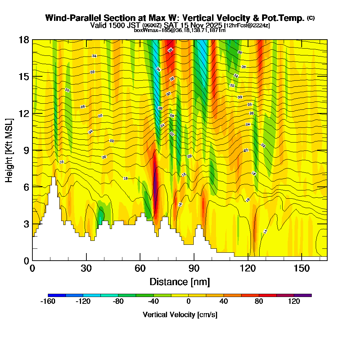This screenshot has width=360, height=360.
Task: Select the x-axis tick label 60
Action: [x=140, y=269]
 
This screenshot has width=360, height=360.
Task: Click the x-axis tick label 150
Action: [x=301, y=269]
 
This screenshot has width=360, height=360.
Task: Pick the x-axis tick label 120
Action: [x=248, y=269]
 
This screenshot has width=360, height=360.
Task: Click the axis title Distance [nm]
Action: [x=180, y=281]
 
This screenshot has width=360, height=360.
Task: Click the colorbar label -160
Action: [x=48, y=302]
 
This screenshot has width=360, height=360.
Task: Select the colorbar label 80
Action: [x=259, y=302]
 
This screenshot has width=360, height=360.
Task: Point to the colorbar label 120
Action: [x=294, y=302]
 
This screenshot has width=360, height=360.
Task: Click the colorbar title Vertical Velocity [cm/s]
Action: [x=180, y=315]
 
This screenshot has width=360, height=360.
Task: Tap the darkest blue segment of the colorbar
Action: [x=57, y=295]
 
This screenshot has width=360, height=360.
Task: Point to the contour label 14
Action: [x=265, y=231]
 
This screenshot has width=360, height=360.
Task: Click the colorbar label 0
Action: [x=189, y=302]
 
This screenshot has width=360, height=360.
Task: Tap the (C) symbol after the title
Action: [x=311, y=18]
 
